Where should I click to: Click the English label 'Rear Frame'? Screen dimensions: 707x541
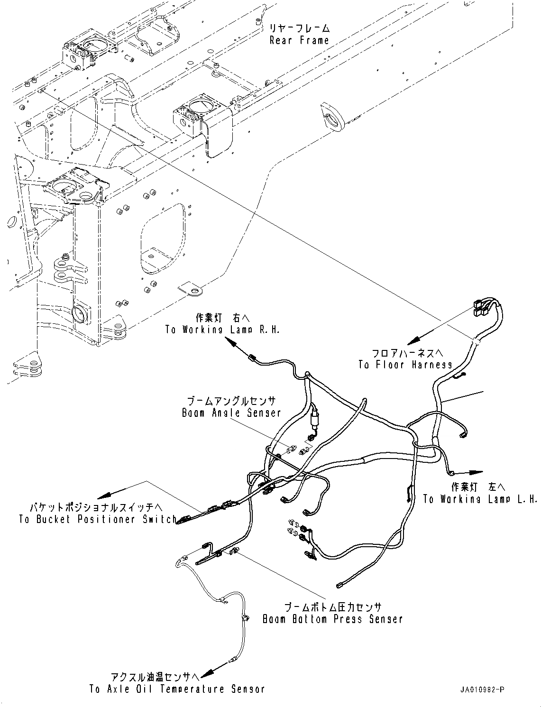(x=299, y=40)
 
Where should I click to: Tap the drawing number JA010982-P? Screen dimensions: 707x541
(x=481, y=689)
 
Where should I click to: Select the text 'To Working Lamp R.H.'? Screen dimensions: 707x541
(x=222, y=330)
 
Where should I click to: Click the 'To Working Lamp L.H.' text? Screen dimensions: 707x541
(x=480, y=499)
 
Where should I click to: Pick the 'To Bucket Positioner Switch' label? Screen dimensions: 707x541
(x=98, y=519)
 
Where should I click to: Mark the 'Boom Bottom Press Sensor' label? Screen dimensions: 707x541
(x=332, y=619)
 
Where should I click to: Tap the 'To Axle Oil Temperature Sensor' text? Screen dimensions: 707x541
(x=176, y=689)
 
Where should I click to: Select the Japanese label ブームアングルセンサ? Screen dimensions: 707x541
(x=231, y=401)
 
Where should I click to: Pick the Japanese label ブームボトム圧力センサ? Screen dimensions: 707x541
(x=332, y=607)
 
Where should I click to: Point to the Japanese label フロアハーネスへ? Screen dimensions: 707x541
(x=407, y=353)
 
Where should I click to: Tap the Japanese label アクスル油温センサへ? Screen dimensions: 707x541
(x=154, y=676)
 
